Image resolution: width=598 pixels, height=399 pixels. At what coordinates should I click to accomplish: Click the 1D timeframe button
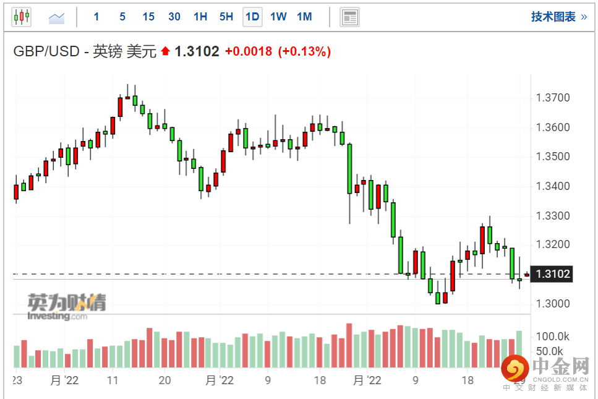point(252,17)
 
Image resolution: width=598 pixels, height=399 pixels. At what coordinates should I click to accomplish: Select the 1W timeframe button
point(278,17)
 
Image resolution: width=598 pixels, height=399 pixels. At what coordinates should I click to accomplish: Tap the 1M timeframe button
point(304,17)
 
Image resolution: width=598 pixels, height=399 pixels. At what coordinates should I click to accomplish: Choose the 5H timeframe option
point(226,17)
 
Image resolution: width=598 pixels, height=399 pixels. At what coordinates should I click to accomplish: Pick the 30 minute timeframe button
point(174,17)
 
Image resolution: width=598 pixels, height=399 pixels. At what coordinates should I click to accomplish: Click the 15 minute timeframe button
point(148,17)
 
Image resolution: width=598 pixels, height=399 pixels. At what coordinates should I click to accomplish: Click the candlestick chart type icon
point(22,17)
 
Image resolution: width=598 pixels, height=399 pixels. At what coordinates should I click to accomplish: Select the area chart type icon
point(56,17)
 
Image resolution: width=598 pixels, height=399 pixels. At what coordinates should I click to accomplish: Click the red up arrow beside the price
point(165,51)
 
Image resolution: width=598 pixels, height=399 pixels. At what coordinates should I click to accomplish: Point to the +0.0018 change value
point(249,51)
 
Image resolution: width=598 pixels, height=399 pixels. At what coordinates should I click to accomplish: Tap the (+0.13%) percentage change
point(304,51)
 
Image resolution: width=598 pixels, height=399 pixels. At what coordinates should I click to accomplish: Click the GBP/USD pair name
point(46,51)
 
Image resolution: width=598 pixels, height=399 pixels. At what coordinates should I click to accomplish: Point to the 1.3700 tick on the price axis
point(553,98)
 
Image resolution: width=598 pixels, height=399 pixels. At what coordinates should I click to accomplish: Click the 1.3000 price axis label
point(553,304)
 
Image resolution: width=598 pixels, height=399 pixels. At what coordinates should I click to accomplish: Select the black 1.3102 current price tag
point(552,274)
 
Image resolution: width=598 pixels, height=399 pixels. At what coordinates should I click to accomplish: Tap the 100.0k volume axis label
point(552,337)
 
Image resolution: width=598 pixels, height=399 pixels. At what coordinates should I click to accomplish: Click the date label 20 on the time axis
point(164,380)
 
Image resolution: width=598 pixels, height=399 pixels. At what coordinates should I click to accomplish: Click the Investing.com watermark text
point(58,316)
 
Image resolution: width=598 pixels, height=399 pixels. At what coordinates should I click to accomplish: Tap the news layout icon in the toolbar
point(349,17)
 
